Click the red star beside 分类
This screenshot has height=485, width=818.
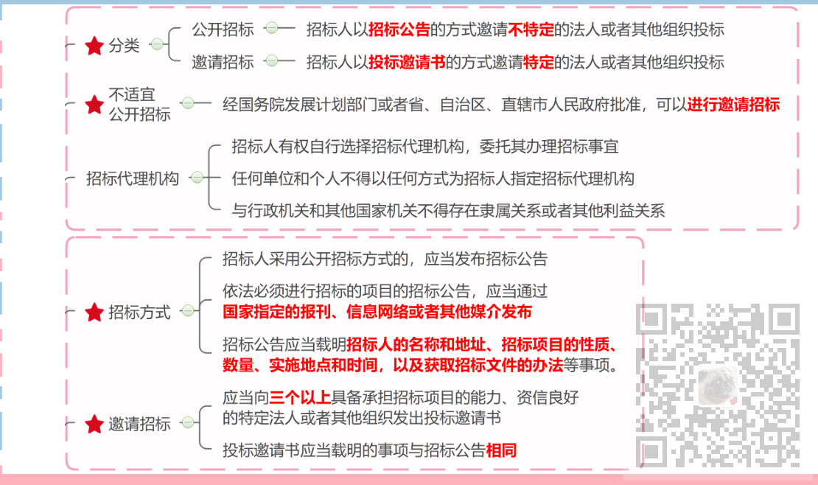(x=94, y=46)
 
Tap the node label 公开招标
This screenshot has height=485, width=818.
(x=223, y=29)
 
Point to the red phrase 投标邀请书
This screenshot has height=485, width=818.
(x=407, y=62)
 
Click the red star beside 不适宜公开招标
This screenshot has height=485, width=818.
(x=94, y=105)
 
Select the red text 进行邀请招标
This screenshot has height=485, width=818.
(x=733, y=105)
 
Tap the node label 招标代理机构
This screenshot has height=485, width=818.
(x=133, y=178)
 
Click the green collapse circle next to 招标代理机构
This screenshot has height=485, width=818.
(x=197, y=178)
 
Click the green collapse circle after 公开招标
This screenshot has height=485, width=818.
(x=272, y=29)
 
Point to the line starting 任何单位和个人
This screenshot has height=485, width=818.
(x=433, y=178)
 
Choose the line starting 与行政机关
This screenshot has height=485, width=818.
(x=448, y=212)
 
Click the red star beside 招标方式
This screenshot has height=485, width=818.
(x=94, y=313)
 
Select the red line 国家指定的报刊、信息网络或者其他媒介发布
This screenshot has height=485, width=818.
(x=377, y=312)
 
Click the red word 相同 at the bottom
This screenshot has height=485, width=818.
(x=501, y=451)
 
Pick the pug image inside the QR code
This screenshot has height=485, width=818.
(x=717, y=384)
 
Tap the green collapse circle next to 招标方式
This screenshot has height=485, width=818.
(x=189, y=311)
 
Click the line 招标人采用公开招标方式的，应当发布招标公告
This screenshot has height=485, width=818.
(x=385, y=259)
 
